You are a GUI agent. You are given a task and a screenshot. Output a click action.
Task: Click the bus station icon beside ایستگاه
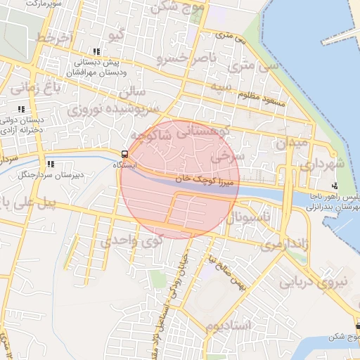(x=124, y=154)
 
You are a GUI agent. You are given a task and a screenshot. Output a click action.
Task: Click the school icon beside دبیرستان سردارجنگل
(x=50, y=164)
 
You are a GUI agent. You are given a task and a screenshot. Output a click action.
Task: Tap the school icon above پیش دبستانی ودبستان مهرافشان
(x=96, y=52)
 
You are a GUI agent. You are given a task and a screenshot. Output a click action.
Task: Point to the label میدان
(x=292, y=141)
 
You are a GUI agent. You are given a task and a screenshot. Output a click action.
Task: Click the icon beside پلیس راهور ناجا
(x=335, y=186)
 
